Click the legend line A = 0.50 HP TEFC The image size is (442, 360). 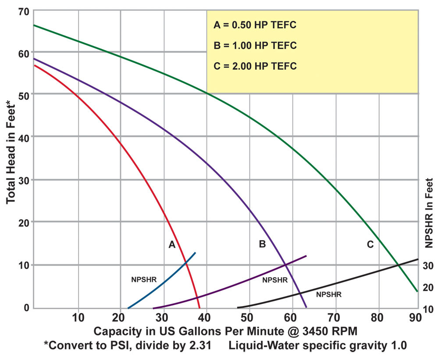255,25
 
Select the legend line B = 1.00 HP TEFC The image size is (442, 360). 255,46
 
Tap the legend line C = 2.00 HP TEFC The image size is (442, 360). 255,66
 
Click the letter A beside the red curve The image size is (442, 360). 172,245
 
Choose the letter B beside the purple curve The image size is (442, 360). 262,244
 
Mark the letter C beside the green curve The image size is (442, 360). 370,244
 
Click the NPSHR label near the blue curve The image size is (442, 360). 144,279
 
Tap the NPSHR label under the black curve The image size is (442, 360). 328,294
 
